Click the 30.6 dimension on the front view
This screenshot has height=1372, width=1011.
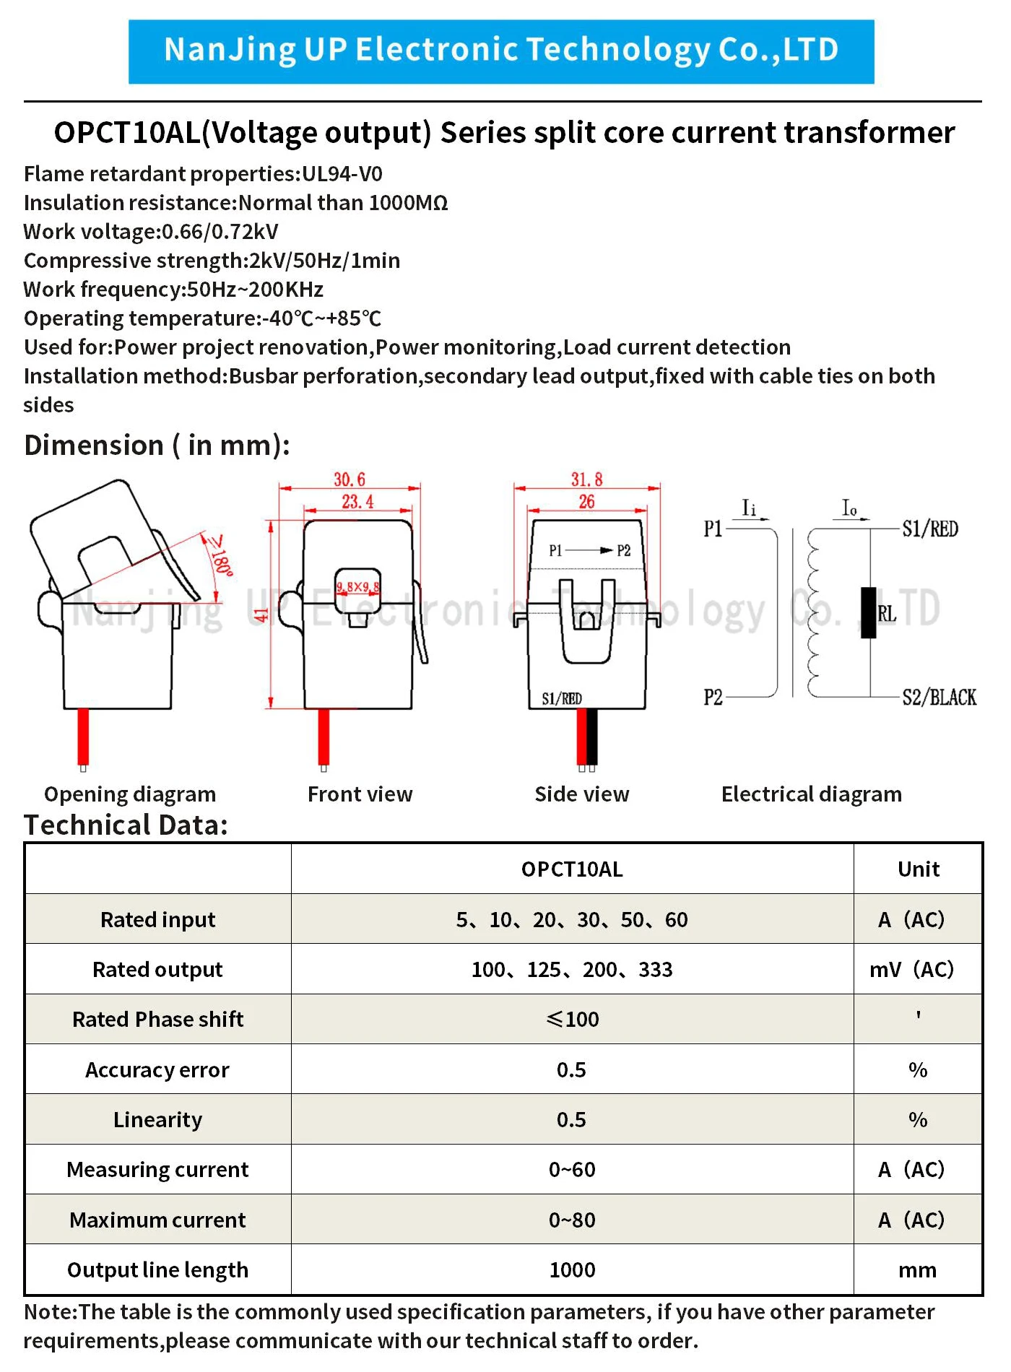[x=350, y=479]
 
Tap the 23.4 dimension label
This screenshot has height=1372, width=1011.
[x=357, y=501]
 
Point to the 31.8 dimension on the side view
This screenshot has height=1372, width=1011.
[x=586, y=479]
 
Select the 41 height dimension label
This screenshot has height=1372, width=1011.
[x=261, y=615]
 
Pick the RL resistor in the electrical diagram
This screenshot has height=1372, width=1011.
[x=869, y=612]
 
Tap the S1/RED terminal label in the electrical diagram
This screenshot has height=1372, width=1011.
[x=930, y=529]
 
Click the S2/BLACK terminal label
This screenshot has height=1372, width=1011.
[x=939, y=697]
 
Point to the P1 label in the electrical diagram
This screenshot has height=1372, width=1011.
[x=713, y=529]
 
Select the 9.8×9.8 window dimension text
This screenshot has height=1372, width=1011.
[x=357, y=587]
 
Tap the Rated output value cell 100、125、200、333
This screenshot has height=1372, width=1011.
[x=572, y=969]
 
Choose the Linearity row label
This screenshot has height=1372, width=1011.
[x=157, y=1119]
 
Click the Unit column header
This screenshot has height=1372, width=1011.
[x=918, y=869]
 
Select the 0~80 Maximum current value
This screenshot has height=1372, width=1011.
[x=572, y=1220]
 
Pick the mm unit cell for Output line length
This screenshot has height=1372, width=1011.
[x=917, y=1269]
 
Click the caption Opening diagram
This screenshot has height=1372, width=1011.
[x=130, y=794]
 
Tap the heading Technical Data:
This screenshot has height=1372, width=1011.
[x=126, y=825]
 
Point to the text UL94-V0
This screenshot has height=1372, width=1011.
[x=342, y=174]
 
